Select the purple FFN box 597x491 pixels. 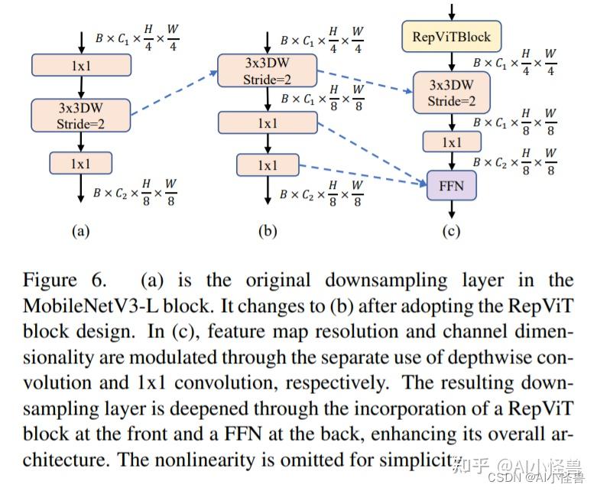click(x=450, y=185)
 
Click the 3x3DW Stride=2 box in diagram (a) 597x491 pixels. click(x=80, y=115)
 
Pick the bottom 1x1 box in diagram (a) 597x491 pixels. click(x=80, y=163)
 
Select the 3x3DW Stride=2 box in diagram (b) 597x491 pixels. click(x=267, y=70)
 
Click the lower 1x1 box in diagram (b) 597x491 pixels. click(x=267, y=165)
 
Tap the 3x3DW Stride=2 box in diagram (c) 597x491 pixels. click(x=450, y=93)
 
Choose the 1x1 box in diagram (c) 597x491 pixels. click(x=451, y=142)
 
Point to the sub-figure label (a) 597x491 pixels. click(x=80, y=231)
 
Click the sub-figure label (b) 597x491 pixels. click(x=267, y=231)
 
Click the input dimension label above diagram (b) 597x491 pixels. click(x=322, y=39)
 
